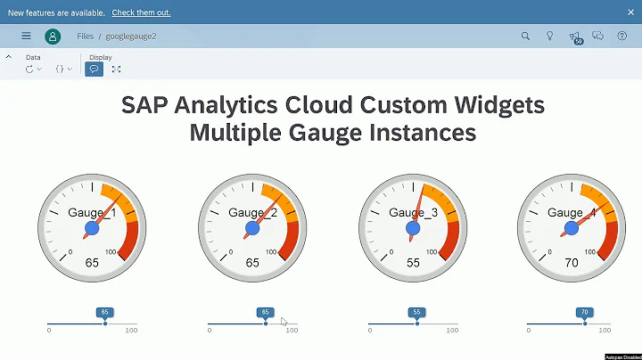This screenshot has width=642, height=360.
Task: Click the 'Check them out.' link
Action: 141,12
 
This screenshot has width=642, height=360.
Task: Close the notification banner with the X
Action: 629,12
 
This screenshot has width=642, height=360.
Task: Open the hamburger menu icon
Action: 26,37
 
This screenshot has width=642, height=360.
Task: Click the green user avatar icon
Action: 53,37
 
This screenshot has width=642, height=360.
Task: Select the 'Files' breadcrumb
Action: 85,37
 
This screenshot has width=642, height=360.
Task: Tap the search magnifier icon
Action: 525,37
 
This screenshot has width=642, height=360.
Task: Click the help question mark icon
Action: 621,37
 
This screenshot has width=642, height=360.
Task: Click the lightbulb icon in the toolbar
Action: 549,37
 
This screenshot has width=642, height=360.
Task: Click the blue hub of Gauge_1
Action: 92,229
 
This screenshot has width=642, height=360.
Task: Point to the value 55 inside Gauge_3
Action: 413,264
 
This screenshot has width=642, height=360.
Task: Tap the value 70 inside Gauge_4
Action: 572,264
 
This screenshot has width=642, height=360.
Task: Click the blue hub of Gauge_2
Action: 252,229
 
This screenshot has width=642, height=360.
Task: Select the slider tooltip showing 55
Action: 416,313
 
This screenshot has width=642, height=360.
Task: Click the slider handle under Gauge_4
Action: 585,323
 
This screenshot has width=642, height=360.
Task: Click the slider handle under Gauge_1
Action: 105,323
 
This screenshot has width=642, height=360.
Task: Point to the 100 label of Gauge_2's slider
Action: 292,331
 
